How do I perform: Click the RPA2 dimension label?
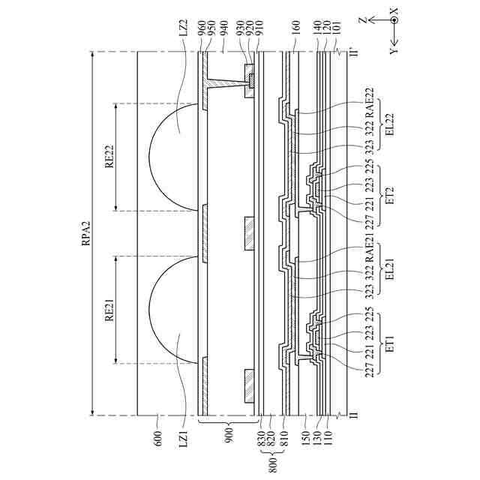87,233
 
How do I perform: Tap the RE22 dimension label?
109,156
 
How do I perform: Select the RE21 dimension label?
109,310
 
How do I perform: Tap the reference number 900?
229,434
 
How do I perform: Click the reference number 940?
224,28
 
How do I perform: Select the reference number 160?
296,28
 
